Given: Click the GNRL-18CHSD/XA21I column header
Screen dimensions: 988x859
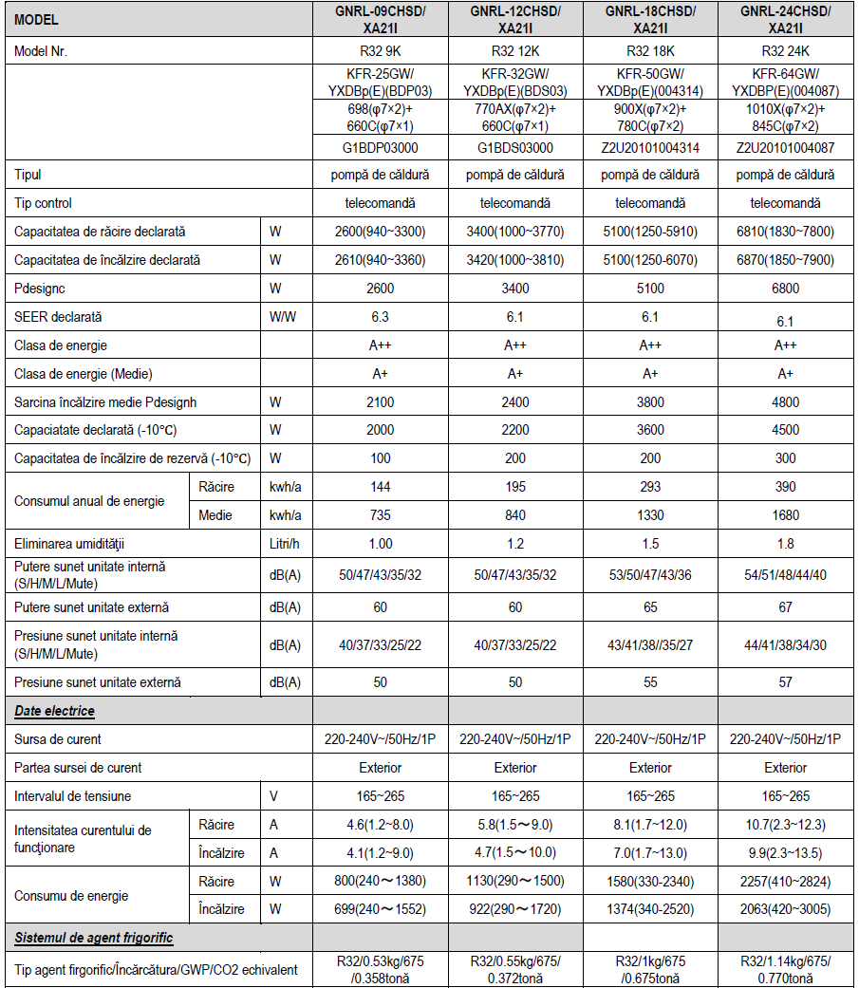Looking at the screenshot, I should [x=650, y=19].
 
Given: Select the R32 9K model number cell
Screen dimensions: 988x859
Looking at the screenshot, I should [x=381, y=51].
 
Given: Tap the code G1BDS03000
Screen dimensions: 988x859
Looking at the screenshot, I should [x=515, y=147].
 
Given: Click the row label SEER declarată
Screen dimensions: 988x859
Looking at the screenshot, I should [x=58, y=317].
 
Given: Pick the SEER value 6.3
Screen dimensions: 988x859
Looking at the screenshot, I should [x=381, y=317].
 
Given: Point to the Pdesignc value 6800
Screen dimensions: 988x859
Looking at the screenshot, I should [x=785, y=289].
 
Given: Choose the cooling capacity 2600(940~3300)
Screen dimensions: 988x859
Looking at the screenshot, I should [x=381, y=232].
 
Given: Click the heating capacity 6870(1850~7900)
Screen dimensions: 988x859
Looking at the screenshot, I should [x=785, y=260].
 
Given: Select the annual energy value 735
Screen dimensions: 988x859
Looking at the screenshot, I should [x=381, y=515].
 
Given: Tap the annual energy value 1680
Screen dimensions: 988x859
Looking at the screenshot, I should [x=785, y=515].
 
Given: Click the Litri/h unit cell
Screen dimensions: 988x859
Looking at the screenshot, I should [x=286, y=544].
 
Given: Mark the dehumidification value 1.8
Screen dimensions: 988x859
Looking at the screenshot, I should [x=785, y=544].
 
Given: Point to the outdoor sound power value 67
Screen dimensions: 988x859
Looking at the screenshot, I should [x=785, y=606].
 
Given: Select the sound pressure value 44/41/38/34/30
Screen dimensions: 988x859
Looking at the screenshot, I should [x=785, y=645].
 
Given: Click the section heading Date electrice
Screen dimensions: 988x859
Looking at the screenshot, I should [x=54, y=711].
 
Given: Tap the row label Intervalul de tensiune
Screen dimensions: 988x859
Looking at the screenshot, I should [x=73, y=796].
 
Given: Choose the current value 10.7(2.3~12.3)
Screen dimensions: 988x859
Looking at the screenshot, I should [x=785, y=825].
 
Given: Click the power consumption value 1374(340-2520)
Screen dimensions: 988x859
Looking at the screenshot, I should [x=650, y=909].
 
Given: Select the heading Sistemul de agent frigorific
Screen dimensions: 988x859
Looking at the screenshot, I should [x=93, y=939].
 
